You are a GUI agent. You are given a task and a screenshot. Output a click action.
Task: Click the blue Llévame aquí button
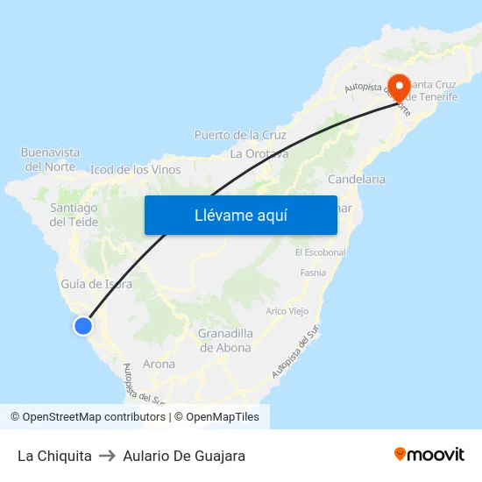(240, 215)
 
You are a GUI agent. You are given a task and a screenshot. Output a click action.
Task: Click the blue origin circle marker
(83, 326)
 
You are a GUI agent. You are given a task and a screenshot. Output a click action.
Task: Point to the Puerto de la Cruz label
(240, 135)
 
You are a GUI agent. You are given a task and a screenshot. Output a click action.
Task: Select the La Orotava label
(259, 153)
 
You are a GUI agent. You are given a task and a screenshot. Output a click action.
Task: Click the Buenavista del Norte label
(50, 159)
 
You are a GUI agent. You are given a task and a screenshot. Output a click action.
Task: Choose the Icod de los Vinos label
(136, 169)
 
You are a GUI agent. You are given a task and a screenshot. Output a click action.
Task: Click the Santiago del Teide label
(74, 215)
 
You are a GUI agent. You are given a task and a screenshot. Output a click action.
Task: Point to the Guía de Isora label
(96, 284)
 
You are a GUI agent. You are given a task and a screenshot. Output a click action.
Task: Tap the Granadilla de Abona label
(224, 340)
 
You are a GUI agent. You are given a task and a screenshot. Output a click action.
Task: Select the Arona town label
(159, 364)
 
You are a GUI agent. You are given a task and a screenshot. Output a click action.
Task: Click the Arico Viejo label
(287, 311)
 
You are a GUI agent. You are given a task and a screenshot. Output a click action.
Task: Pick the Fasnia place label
(312, 273)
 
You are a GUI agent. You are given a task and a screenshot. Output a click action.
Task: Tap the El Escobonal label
(320, 252)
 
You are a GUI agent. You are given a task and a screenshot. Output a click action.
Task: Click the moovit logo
(429, 455)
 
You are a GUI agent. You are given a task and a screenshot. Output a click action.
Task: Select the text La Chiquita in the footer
(54, 456)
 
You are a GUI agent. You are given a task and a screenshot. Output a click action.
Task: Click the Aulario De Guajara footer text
(184, 456)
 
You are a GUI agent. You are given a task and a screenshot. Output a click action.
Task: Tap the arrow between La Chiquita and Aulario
(108, 456)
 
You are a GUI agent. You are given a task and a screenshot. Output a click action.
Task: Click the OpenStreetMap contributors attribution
(88, 417)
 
